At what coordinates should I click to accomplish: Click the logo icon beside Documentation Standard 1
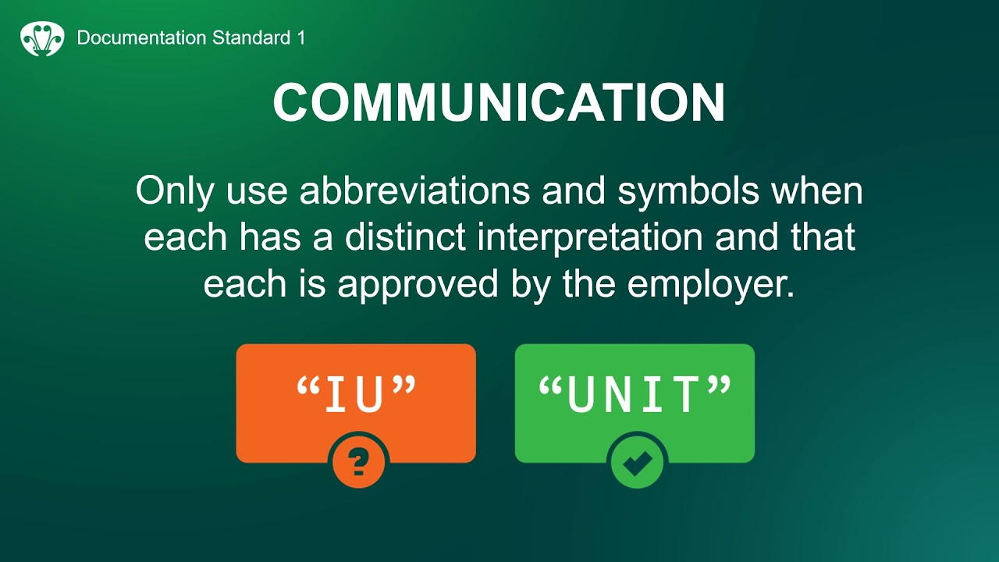tap(42, 37)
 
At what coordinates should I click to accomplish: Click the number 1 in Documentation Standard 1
tap(300, 37)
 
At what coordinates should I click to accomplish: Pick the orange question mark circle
tap(358, 463)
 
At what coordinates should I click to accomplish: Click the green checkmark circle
tap(637, 463)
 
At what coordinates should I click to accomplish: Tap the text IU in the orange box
tap(355, 395)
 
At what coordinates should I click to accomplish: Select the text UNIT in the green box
tap(634, 395)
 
